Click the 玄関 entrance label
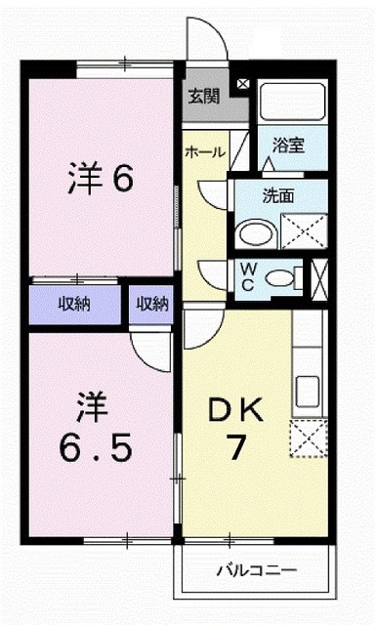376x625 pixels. point(204,96)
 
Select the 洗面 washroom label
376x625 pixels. point(278,194)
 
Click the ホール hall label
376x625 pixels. point(205,151)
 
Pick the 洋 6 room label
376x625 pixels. point(101,180)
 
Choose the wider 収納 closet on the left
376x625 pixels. point(73,304)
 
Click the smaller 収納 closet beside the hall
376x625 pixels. point(151,304)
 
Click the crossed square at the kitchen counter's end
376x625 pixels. point(308,433)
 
